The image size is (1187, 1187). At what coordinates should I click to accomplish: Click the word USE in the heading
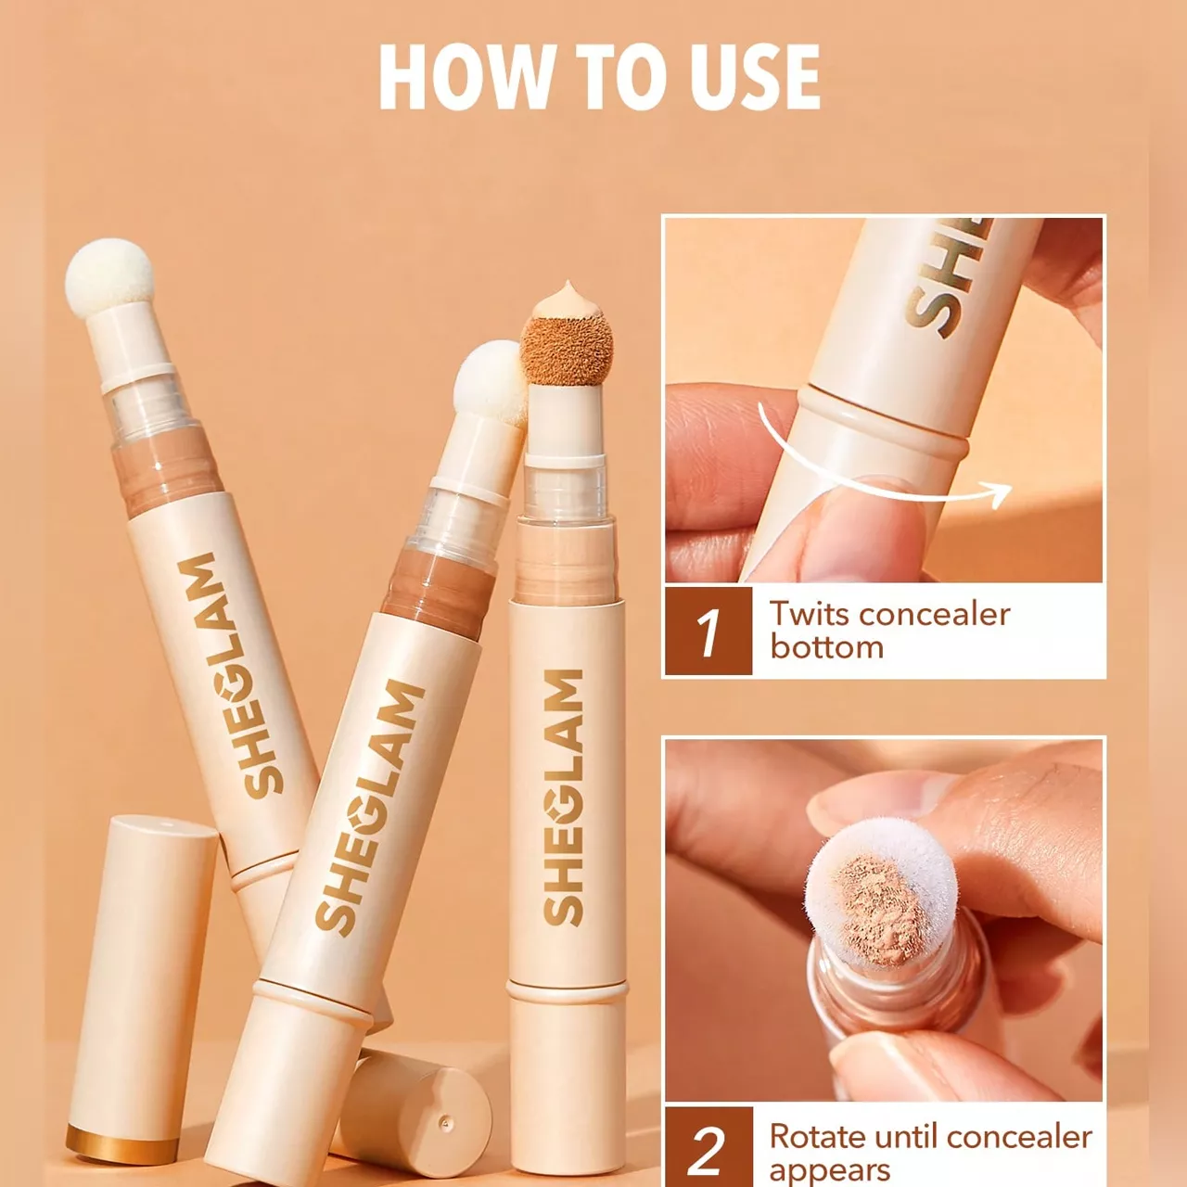pyautogui.click(x=746, y=78)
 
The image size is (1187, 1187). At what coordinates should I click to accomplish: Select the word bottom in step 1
pyautogui.click(x=826, y=646)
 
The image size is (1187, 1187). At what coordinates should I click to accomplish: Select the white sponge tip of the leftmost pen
pyautogui.click(x=109, y=278)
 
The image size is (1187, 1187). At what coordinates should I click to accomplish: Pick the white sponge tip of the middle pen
pyautogui.click(x=490, y=383)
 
